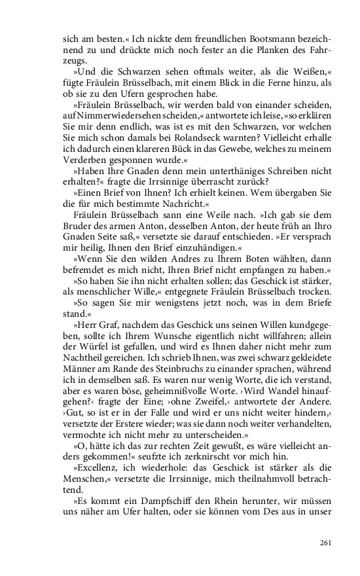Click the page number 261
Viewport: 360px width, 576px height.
(x=325, y=543)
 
